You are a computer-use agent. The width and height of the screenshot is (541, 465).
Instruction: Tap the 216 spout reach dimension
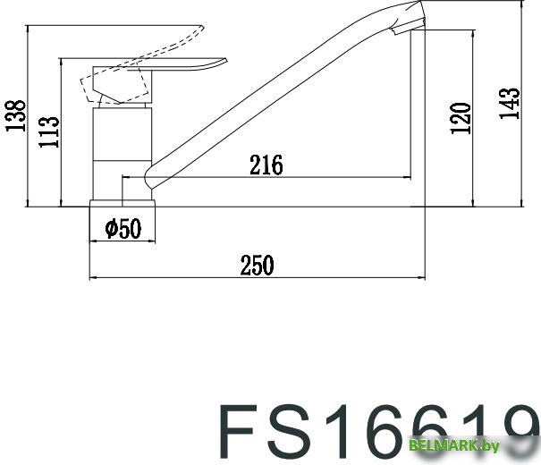tap(266, 165)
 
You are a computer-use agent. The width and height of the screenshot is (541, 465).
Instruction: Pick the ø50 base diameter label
tap(123, 230)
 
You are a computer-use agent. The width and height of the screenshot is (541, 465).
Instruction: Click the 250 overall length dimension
tap(256, 265)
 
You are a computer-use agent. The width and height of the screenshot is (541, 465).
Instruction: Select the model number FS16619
tap(376, 431)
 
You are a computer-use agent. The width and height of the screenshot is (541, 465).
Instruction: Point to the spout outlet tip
tap(407, 27)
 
